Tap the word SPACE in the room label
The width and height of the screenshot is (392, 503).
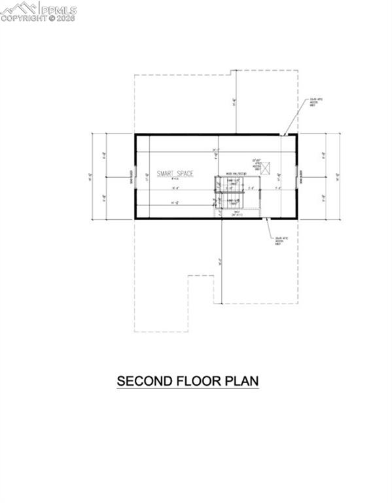tap(184, 173)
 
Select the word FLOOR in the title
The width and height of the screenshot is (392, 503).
tap(196, 381)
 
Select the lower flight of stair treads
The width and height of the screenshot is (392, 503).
tap(230, 202)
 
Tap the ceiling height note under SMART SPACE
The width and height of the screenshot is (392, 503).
tap(174, 179)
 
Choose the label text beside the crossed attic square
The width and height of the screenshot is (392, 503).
tap(257, 163)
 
